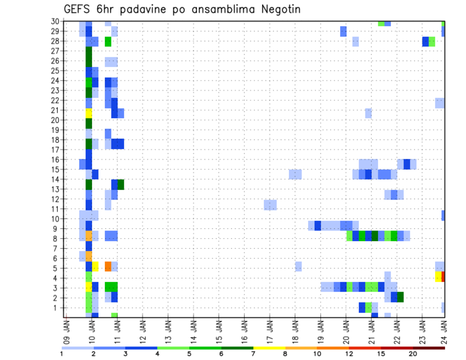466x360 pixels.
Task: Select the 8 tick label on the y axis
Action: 56,238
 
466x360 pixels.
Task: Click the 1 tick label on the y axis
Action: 56,308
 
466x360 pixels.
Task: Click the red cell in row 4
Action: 443,277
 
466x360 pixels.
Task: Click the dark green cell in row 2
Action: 400,297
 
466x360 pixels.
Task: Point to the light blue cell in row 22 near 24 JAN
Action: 440,103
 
